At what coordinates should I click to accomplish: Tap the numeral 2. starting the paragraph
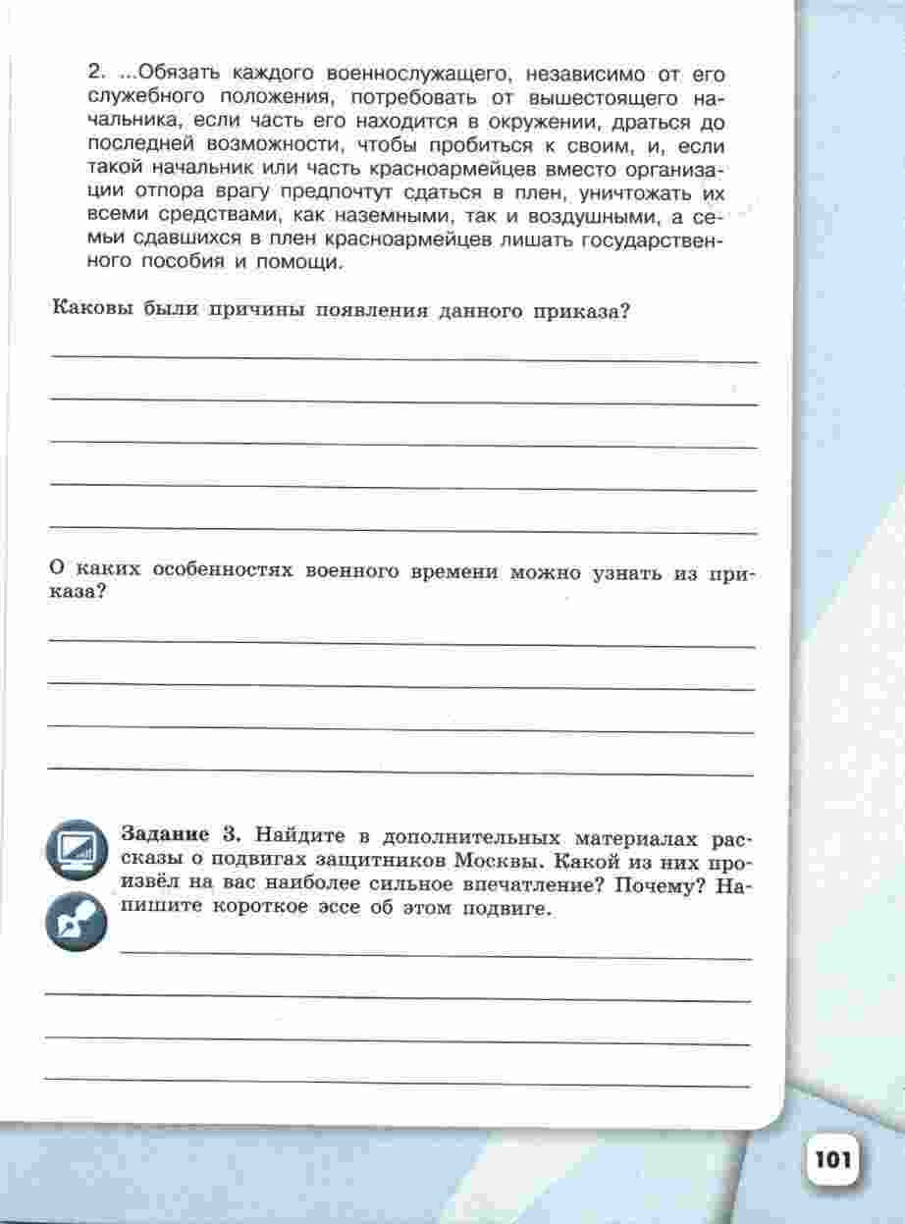[x=96, y=73]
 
